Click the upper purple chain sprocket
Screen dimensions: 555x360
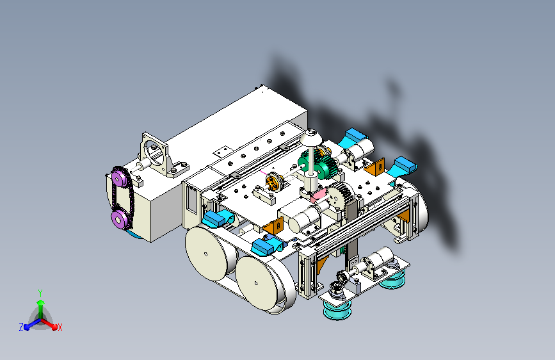click(119, 179)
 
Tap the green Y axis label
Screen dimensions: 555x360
click(40, 293)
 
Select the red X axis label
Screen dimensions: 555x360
click(60, 327)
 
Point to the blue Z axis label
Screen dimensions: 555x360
click(21, 327)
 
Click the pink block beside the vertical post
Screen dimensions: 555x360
click(319, 195)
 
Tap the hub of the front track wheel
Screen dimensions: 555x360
click(256, 282)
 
